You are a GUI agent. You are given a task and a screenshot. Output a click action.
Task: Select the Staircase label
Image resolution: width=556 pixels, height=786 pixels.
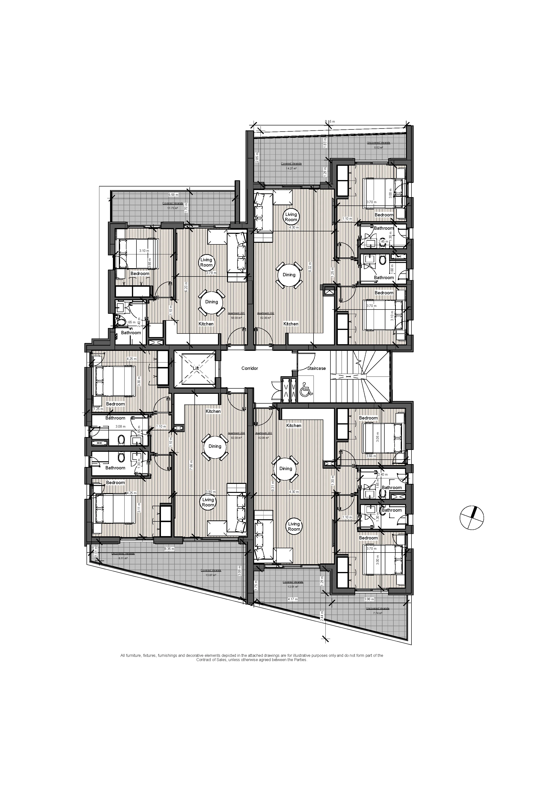point(316,368)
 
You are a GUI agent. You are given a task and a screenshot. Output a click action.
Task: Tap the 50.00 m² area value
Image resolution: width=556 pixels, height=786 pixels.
point(236,318)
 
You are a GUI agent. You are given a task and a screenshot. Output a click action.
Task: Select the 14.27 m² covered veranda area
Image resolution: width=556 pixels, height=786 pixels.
point(291,168)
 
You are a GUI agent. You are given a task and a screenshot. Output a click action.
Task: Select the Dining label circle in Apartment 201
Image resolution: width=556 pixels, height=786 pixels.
point(211,302)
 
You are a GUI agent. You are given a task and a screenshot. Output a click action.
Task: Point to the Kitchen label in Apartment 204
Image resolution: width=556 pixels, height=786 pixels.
point(213,411)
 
